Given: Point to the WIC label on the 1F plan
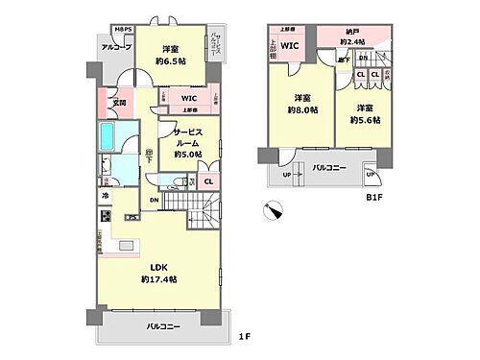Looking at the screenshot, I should click(188, 98).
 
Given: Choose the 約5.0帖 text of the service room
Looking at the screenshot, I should click(185, 154).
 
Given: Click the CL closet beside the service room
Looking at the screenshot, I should click(208, 180).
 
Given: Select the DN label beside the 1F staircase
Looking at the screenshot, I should click(154, 200).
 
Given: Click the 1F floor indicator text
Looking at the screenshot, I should click(246, 336).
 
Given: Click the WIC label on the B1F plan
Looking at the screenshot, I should click(290, 44).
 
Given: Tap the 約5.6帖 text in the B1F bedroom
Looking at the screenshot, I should click(364, 120).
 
